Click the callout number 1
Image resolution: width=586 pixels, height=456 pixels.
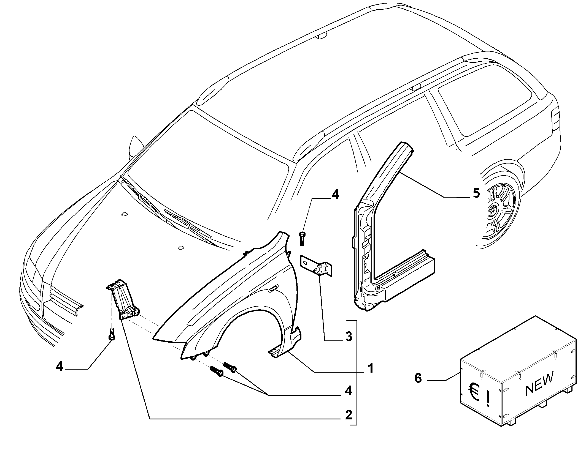tap(371, 368)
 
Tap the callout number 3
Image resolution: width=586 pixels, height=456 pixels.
tap(349, 336)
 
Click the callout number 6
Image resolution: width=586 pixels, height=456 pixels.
tap(418, 378)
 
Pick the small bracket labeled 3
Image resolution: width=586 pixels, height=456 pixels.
tap(316, 266)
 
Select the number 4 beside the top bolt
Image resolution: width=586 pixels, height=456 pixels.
tap(335, 194)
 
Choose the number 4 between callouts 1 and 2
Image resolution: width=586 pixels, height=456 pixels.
tap(349, 391)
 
